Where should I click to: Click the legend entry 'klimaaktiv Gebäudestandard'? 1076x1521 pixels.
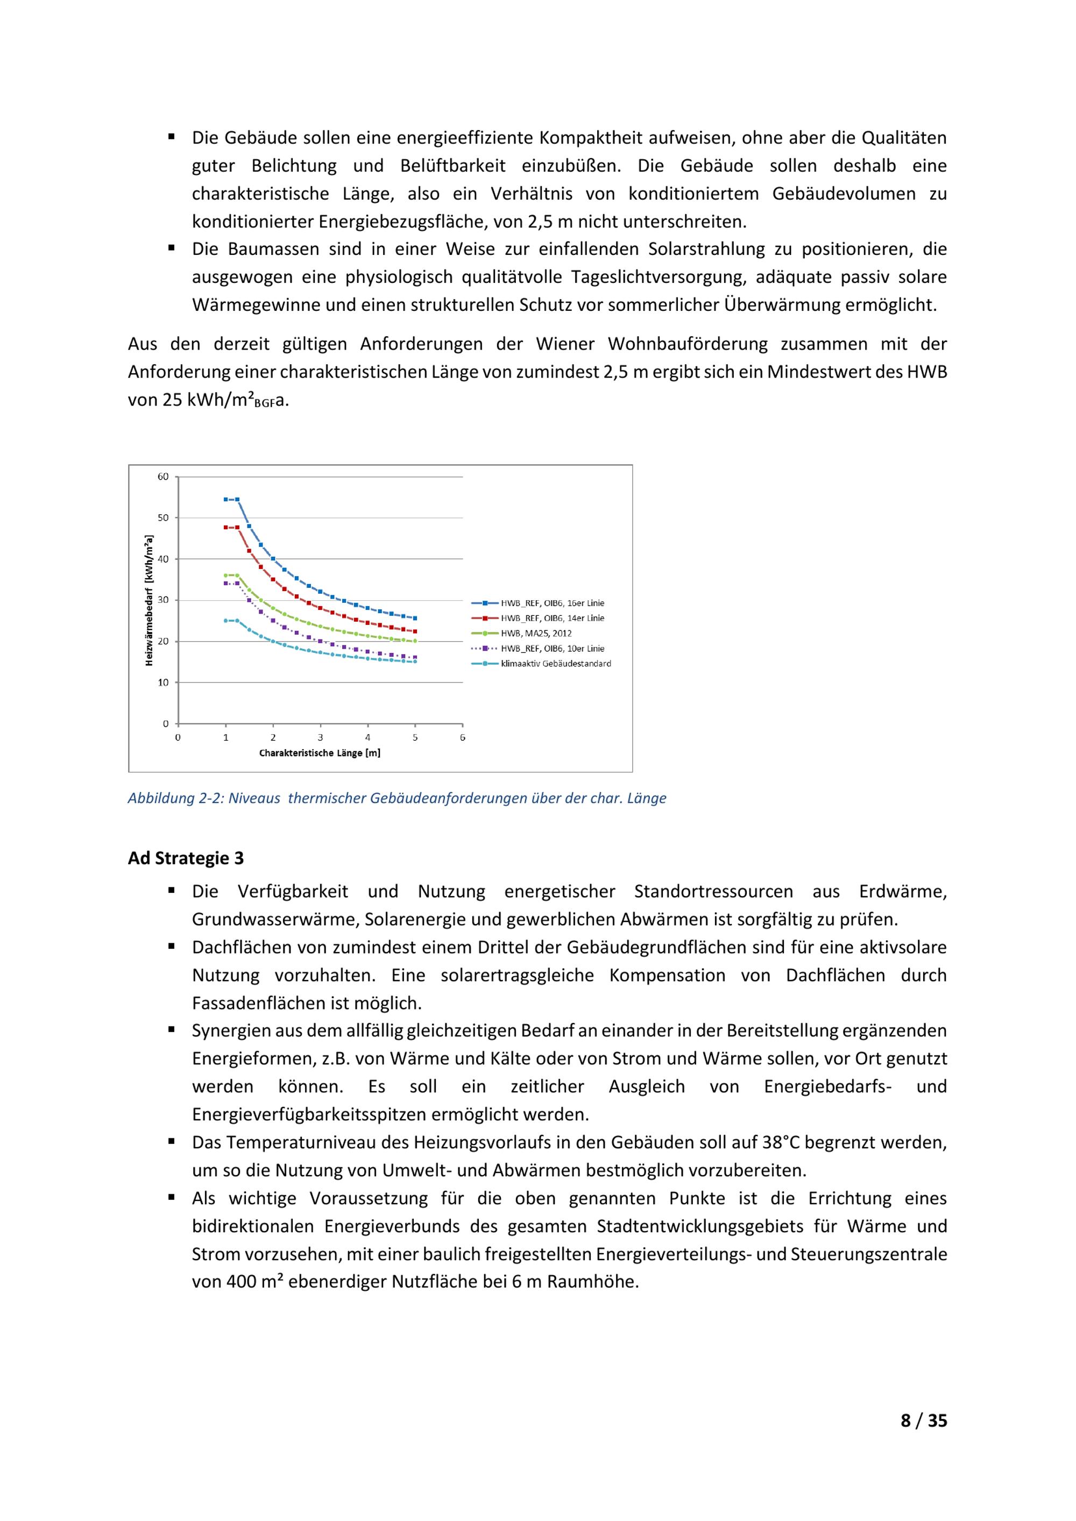(556, 664)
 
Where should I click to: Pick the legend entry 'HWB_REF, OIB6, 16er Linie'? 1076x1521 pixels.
(552, 603)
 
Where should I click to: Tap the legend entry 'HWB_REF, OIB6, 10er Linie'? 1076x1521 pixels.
(552, 649)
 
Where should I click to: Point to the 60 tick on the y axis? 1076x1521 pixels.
(163, 477)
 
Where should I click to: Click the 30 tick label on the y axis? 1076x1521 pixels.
(163, 600)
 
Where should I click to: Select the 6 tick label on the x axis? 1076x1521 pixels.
(463, 737)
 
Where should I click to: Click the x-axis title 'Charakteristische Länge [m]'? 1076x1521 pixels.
(320, 753)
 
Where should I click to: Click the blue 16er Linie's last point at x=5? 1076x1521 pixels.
(415, 618)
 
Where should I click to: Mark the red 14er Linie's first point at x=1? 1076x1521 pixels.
(226, 527)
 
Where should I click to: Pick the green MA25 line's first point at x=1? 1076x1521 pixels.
(226, 575)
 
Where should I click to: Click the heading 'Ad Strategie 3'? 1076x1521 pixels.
(186, 858)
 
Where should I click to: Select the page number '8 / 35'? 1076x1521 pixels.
(924, 1439)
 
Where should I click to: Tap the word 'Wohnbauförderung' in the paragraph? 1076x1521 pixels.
(688, 344)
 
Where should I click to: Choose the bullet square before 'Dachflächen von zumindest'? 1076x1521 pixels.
(172, 947)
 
